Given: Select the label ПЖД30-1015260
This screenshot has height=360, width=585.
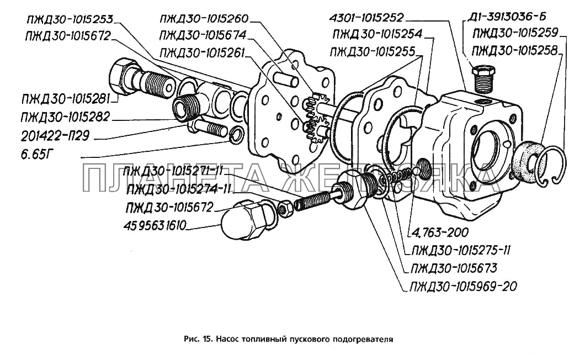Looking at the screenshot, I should point(204,18).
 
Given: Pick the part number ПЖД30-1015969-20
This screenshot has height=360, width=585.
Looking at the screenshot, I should point(463,286).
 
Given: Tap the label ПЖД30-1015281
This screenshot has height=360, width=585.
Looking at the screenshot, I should point(66,99).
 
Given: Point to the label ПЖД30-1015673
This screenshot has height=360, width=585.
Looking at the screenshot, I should point(453,268).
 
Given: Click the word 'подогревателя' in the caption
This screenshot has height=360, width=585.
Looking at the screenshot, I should point(365,339).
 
